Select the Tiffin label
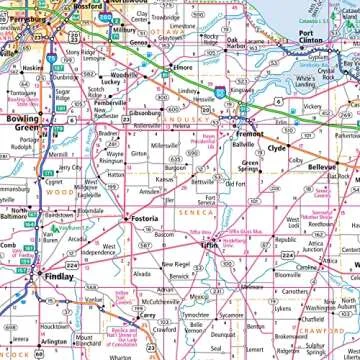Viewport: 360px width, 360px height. click(x=208, y=243)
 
